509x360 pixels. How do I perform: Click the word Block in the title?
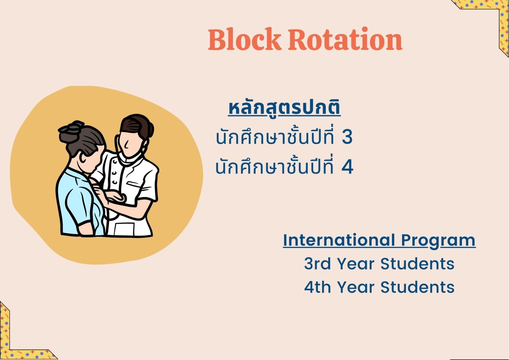[x=245, y=39]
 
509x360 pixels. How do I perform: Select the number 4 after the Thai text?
[x=347, y=167]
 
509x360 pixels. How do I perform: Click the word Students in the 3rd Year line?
[x=417, y=264]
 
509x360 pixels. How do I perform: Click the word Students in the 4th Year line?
[x=417, y=287]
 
